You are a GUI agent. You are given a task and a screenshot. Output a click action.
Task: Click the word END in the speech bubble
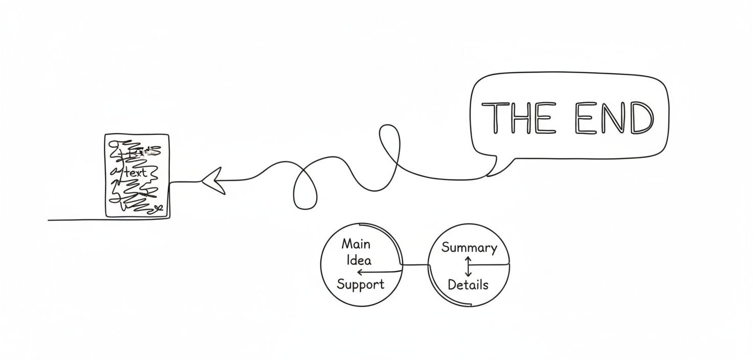pos(614,118)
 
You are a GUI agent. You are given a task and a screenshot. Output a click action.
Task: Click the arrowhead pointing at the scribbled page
pos(214,180)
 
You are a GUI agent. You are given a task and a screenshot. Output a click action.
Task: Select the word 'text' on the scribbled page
pos(136,172)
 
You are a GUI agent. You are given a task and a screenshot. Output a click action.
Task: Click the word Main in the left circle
pos(356,243)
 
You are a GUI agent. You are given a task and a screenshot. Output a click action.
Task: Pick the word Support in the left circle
pos(360,284)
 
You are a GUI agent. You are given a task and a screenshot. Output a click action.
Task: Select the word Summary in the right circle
pos(469,248)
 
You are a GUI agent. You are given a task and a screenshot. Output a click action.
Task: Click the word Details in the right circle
pos(468,285)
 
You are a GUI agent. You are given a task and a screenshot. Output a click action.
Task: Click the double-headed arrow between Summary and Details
pos(468,266)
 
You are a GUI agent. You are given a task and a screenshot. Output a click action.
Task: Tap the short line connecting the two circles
pos(415,265)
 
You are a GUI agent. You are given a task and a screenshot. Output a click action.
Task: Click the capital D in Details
pos(452,284)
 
